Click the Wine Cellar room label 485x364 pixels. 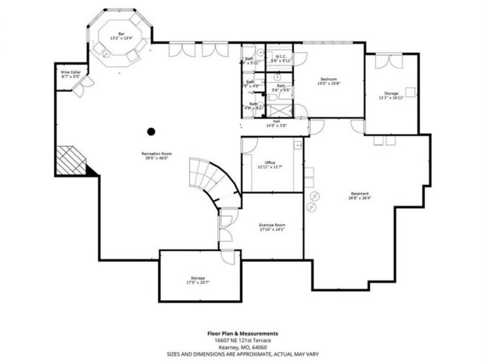click(x=70, y=72)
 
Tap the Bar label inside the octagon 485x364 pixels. click(x=121, y=33)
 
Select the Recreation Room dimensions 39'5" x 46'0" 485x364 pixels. click(x=154, y=158)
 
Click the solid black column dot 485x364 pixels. click(x=151, y=131)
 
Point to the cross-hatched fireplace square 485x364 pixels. click(x=70, y=160)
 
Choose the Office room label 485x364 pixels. click(x=270, y=162)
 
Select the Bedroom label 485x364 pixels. click(x=329, y=78)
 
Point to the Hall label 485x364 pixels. click(x=276, y=121)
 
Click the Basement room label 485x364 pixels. click(x=359, y=193)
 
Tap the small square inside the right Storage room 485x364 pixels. click(x=410, y=92)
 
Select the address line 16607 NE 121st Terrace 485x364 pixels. click(x=242, y=341)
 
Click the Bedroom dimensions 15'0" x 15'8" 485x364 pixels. click(x=329, y=83)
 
